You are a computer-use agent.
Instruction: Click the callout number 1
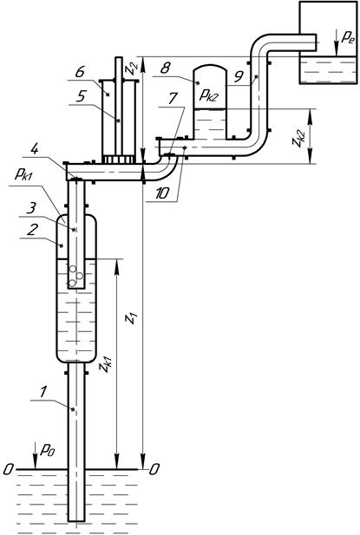[x=43, y=393]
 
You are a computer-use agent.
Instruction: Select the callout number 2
[x=31, y=231]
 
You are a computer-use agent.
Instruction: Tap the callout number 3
[x=31, y=208]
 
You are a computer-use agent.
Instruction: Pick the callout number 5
[x=80, y=97]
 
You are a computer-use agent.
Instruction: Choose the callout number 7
[x=173, y=98]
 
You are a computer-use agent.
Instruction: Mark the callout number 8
[x=165, y=69]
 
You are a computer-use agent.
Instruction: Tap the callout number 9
[x=239, y=77]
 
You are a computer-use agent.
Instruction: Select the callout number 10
[x=161, y=193]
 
